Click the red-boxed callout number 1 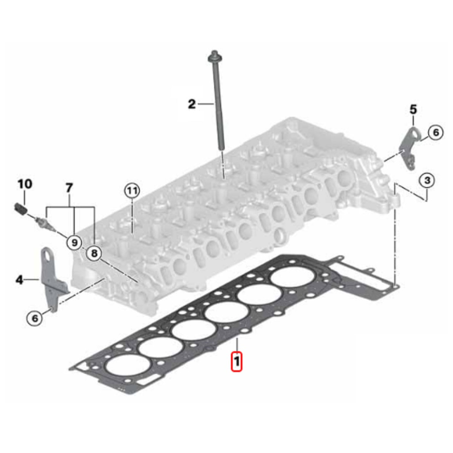pos(237,361)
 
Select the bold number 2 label pos(192,104)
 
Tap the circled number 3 pos(427,180)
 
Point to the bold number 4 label pos(19,280)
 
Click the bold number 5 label pos(413,109)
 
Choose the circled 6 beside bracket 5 pos(435,132)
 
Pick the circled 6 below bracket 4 pos(35,317)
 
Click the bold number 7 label pos(69,188)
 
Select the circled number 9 pos(74,242)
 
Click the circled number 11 pos(131,191)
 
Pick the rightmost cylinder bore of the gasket pos(292,279)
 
